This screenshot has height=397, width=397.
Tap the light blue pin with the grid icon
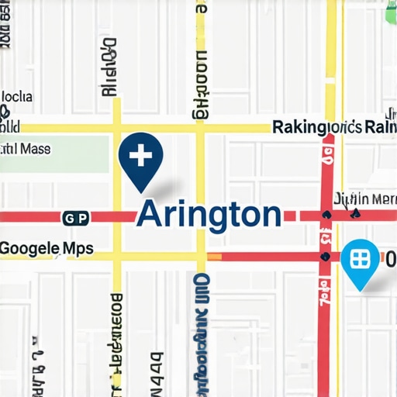359,259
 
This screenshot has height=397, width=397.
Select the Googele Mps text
47,249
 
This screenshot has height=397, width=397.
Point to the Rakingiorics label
317,127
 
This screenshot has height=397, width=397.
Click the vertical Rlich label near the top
109,67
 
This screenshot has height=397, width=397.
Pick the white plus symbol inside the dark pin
140,156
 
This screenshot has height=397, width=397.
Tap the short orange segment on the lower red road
214,256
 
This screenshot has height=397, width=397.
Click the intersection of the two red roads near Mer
326,215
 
